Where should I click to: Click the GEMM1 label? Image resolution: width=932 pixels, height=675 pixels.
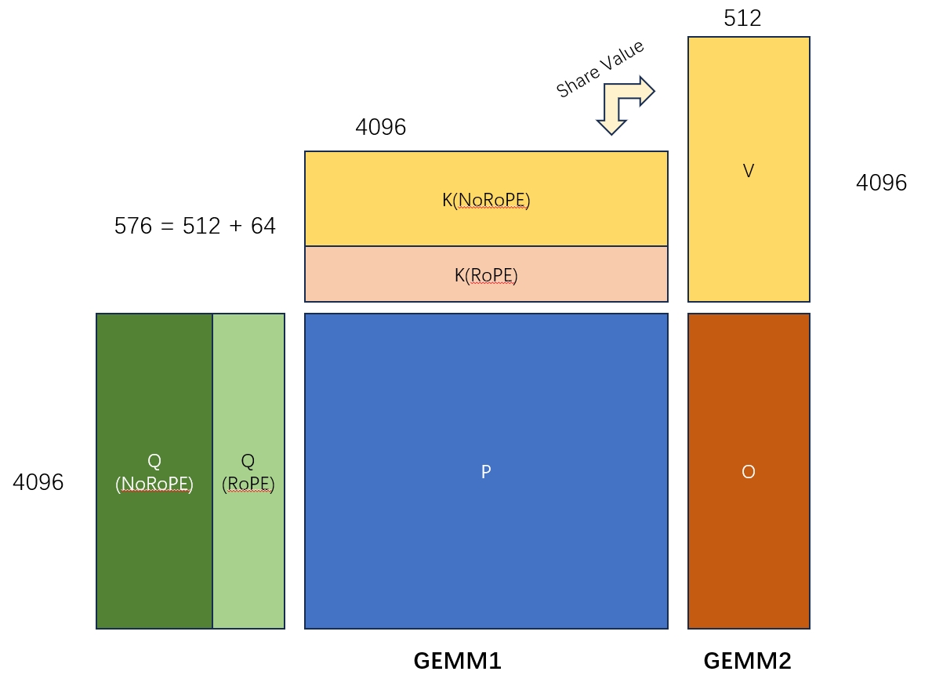457,661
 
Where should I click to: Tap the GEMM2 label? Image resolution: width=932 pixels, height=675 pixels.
747,661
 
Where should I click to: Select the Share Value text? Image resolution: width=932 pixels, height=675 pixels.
600,69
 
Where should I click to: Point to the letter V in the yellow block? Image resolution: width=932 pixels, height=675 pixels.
749,171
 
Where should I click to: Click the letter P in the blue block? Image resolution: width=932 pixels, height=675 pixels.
486,472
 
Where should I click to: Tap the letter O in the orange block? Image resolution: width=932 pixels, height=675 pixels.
749,472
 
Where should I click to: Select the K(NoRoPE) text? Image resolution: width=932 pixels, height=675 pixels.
486,201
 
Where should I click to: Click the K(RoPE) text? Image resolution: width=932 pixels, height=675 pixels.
486,276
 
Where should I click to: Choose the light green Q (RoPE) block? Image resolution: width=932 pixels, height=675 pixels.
248,541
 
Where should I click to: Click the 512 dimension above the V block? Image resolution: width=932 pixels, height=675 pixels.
742,19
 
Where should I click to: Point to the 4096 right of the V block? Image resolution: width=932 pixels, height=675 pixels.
881,183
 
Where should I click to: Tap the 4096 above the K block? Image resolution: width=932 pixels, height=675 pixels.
381,127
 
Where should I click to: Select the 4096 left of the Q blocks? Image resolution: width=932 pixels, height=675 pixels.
38,482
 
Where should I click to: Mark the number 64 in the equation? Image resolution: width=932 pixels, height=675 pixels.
263,227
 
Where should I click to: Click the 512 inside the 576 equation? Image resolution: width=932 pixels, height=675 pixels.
200,227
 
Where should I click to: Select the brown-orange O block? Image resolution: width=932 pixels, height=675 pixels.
749,549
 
